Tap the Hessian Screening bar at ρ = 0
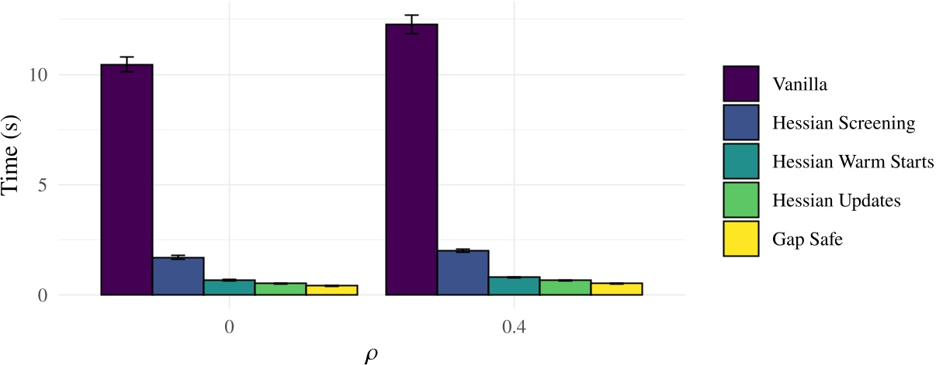[x=178, y=276]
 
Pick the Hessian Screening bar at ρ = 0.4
[x=463, y=273]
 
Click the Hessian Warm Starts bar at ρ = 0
[x=229, y=288]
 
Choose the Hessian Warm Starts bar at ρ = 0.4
[x=515, y=286]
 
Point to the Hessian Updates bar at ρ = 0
[x=280, y=289]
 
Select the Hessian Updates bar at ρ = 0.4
[x=566, y=288]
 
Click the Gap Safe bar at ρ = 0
[x=331, y=291]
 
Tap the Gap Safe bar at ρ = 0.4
[x=617, y=289]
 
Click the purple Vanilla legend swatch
[x=740, y=83]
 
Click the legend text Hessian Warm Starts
[x=853, y=161]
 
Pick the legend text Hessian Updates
[x=836, y=200]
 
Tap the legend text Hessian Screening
[x=844, y=122]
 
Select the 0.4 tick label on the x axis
[x=514, y=326]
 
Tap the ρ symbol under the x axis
[x=371, y=356]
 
